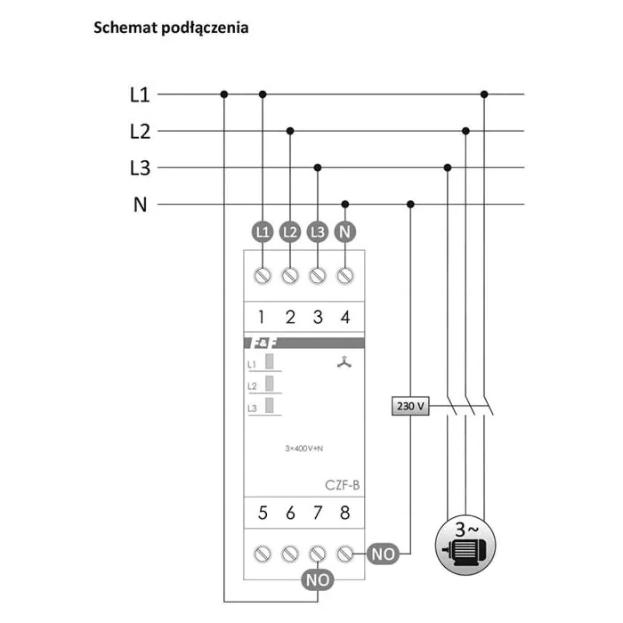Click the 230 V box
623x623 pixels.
coord(410,406)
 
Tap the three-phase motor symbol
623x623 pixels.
coord(465,545)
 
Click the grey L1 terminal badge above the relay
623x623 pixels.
coord(263,231)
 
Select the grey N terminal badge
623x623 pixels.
coord(345,231)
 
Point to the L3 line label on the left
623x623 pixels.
coord(141,168)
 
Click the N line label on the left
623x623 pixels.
coord(141,205)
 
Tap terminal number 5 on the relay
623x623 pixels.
coord(263,513)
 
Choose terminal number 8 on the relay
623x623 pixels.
coord(345,513)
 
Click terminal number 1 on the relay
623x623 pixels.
coord(261,317)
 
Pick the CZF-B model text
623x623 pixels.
coord(342,485)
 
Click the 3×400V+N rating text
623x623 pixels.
coord(304,449)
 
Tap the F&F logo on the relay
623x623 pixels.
coord(263,343)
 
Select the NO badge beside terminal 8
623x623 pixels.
coord(383,554)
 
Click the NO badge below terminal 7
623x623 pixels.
coord(318,580)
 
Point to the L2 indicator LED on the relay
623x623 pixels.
coord(270,384)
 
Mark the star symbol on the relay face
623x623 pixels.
coord(344,362)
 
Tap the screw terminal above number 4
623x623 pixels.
coord(345,276)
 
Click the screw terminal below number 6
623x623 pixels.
coord(290,554)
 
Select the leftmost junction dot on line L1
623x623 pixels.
coord(224,94)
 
